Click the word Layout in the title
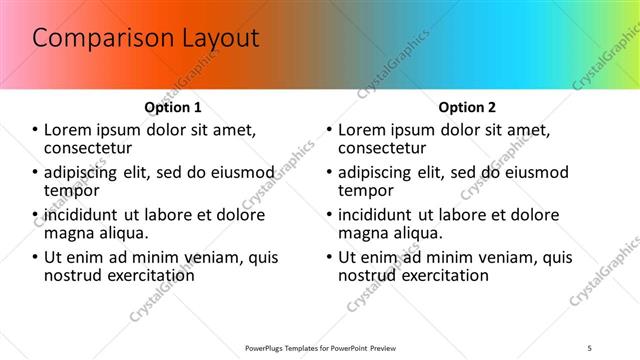click(213, 39)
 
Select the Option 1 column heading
click(173, 107)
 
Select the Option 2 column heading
click(467, 107)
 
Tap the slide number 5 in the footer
click(590, 347)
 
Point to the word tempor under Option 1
click(70, 190)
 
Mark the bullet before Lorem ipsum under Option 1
click(36, 130)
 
